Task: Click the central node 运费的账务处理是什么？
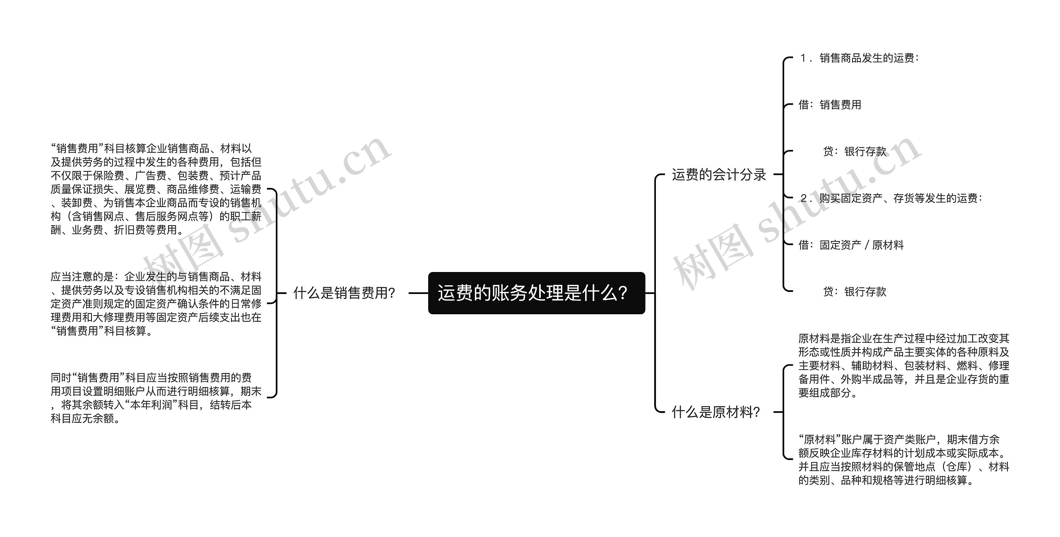pos(536,293)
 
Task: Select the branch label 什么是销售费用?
pos(344,293)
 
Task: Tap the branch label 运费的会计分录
pos(719,175)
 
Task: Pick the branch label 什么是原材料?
pos(715,412)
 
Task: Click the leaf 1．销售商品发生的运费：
pos(859,58)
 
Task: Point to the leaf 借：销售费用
pos(830,105)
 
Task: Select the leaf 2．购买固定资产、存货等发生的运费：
pos(891,198)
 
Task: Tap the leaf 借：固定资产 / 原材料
pos(851,245)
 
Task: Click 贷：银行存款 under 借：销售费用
pos(855,152)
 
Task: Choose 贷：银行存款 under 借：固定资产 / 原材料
pos(855,292)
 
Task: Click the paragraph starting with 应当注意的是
pos(156,303)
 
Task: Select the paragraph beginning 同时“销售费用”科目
pos(156,398)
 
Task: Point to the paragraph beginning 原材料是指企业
pos(903,366)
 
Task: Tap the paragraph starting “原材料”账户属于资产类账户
pos(903,460)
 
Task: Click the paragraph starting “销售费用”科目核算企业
pos(156,189)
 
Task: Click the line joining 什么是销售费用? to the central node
pos(418,293)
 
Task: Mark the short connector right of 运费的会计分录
pos(778,175)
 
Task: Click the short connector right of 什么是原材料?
pos(778,412)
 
